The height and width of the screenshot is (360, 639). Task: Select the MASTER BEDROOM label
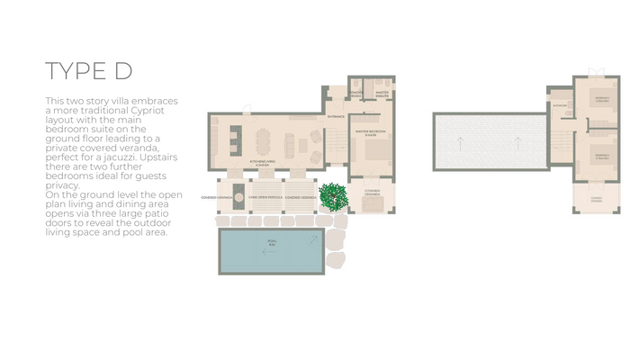tap(370, 132)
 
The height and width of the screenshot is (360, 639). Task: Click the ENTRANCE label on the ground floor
tap(336, 117)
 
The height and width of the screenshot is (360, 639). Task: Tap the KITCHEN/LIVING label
tap(263, 163)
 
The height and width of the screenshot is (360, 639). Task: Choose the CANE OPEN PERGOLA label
tap(265, 196)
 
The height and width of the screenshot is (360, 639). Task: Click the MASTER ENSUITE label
tap(382, 94)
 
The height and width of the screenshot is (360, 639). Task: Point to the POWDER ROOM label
tap(356, 94)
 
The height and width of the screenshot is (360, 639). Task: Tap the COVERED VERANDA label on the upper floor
tap(596, 199)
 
